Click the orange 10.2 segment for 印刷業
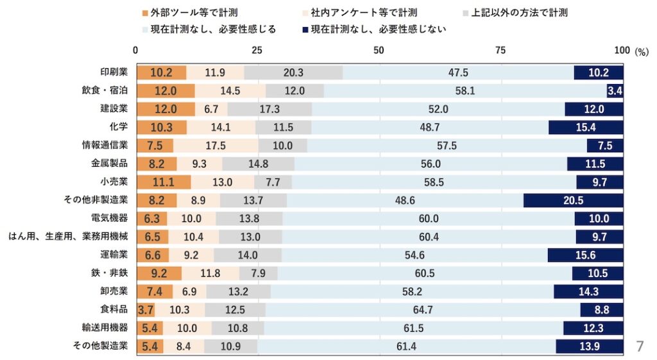tap(161, 73)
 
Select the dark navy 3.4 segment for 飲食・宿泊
tap(615, 91)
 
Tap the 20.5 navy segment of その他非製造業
tap(573, 200)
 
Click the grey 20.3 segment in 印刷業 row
tap(293, 73)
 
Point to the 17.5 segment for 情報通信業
tap(216, 146)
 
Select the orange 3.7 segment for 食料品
tap(144, 310)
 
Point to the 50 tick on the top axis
tap(379, 51)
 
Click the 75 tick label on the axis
tap(500, 51)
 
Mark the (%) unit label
tap(642, 52)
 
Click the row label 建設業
tap(114, 108)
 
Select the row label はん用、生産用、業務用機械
tap(68, 236)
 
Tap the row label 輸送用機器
tap(110, 327)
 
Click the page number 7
tap(639, 347)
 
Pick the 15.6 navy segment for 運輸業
tap(585, 255)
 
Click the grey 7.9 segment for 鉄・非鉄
tap(259, 273)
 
